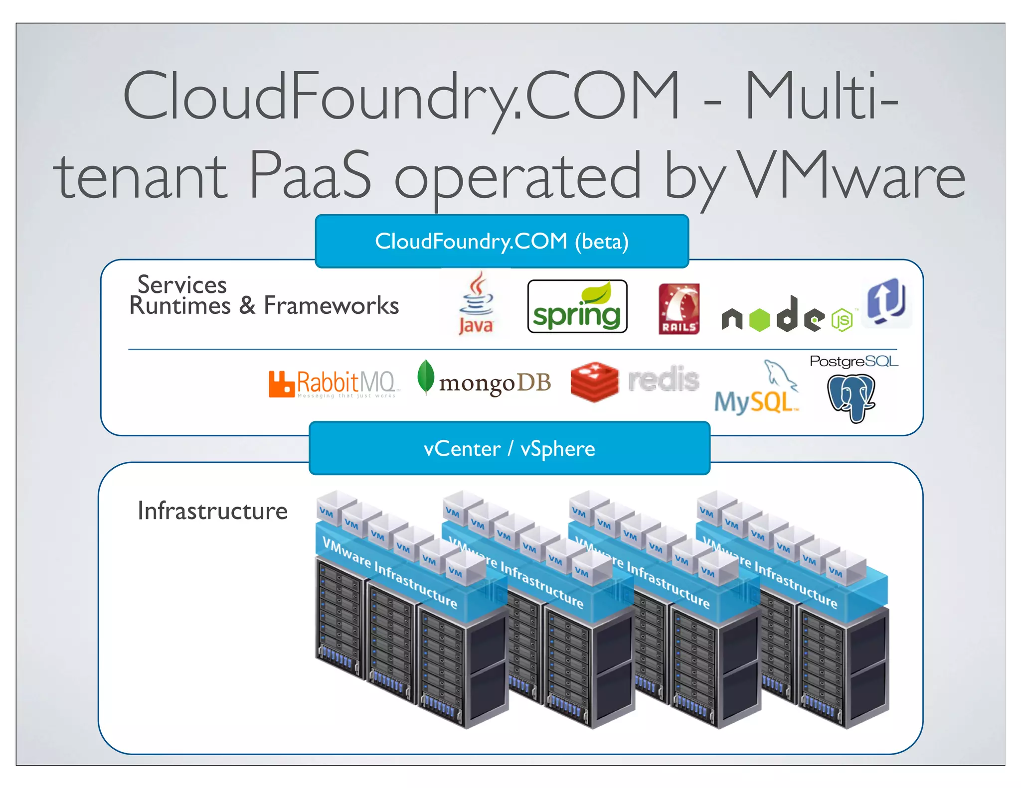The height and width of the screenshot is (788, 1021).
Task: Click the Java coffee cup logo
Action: [x=477, y=302]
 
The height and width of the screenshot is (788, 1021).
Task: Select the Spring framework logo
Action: [x=577, y=307]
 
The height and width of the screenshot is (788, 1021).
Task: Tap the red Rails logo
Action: [x=679, y=308]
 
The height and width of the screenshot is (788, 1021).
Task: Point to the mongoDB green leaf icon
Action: [x=425, y=377]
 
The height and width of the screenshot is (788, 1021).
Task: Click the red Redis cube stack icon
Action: [x=594, y=382]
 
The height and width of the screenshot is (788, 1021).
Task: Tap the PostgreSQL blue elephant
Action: [x=851, y=397]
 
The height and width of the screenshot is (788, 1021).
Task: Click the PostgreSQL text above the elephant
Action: [x=853, y=361]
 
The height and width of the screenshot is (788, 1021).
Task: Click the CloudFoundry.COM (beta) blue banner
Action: [x=502, y=242]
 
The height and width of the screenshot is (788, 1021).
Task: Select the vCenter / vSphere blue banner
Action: [x=509, y=448]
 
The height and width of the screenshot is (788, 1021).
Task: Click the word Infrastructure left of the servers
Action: [x=212, y=511]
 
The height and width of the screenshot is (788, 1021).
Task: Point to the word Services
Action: [x=182, y=285]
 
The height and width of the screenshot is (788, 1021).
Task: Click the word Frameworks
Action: [x=331, y=305]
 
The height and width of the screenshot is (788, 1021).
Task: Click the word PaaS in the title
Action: [x=310, y=175]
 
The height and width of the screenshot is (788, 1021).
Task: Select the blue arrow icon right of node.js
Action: [x=886, y=301]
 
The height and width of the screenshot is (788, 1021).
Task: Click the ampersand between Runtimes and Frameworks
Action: [x=247, y=305]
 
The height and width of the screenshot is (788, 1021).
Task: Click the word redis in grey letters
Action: [x=664, y=380]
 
